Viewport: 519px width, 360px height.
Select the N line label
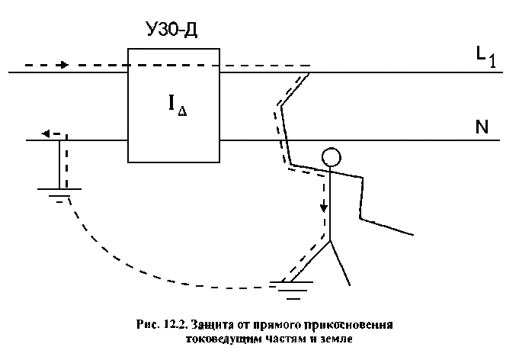click(481, 127)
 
